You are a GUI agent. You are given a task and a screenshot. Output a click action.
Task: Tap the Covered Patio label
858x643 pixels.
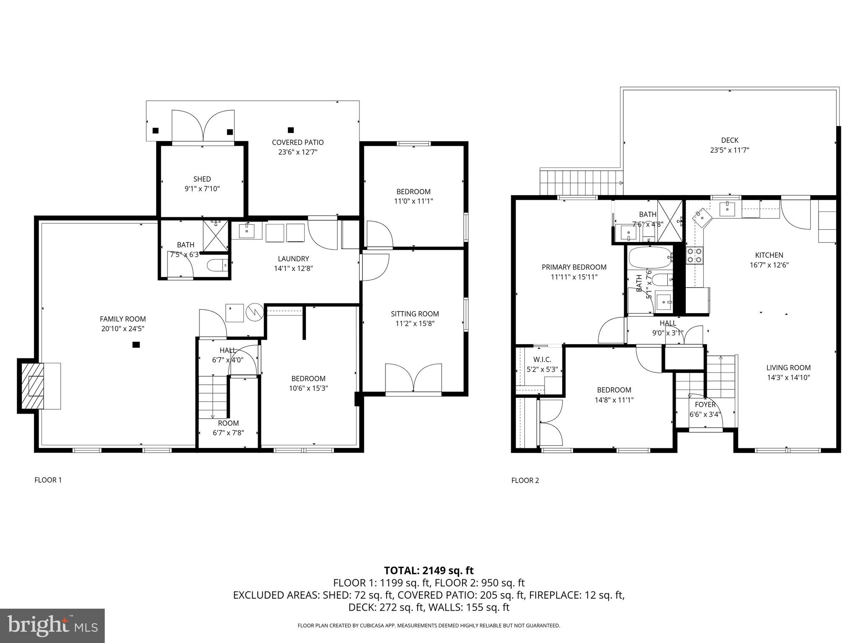click(297, 142)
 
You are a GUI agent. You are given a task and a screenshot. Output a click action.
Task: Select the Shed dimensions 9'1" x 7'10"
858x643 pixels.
click(202, 189)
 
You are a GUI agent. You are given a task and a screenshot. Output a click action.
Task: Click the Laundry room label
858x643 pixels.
click(293, 259)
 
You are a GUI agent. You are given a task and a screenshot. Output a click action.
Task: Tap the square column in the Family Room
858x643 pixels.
click(136, 345)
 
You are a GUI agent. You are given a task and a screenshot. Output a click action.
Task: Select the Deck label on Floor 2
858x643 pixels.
click(729, 140)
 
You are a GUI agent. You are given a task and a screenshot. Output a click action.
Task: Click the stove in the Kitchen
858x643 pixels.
click(694, 255)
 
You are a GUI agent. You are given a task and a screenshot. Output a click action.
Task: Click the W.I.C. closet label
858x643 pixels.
click(542, 360)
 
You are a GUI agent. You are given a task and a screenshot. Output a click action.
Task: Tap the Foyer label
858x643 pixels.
click(705, 405)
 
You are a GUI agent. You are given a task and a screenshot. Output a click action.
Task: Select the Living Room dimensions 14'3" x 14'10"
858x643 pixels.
click(788, 378)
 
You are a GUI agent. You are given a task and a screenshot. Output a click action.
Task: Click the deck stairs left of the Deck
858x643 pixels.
click(581, 183)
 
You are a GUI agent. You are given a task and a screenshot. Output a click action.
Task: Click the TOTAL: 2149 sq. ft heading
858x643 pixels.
click(429, 570)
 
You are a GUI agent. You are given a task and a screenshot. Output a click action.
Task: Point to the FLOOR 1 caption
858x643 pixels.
click(48, 480)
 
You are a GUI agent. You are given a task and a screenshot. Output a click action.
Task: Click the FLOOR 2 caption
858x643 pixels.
click(525, 481)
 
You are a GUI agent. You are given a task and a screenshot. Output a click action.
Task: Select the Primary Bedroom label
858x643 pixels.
click(574, 267)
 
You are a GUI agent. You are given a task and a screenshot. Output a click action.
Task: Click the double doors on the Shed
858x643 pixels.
click(203, 126)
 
